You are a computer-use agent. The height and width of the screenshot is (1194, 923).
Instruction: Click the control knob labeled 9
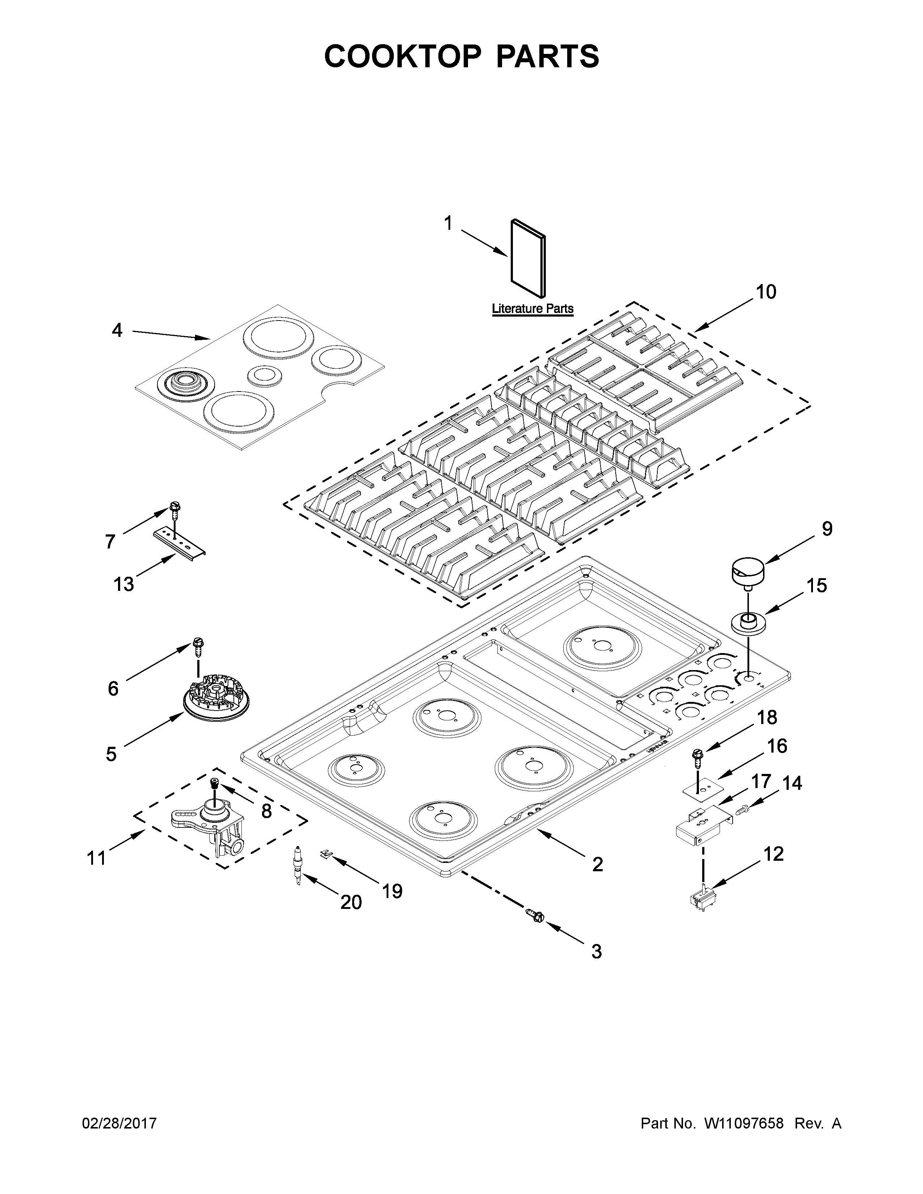click(747, 571)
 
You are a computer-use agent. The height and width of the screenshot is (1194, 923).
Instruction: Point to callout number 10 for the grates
click(766, 292)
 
